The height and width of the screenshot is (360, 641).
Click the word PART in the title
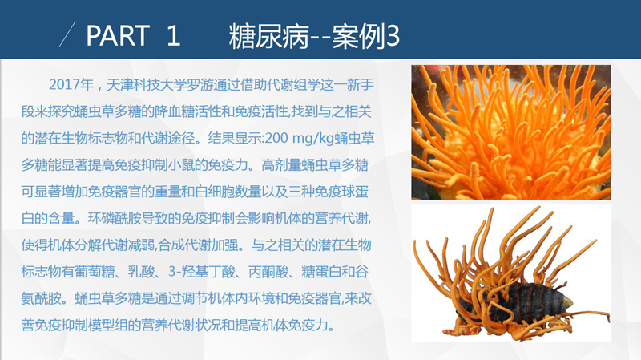[x=118, y=35]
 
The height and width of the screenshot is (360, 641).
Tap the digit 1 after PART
[x=173, y=35]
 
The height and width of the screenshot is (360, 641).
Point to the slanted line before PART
[x=67, y=34]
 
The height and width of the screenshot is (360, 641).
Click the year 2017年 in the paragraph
[x=71, y=85]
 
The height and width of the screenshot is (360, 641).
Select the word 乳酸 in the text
[x=141, y=272]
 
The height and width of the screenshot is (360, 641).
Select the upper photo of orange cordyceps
[x=511, y=132]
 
